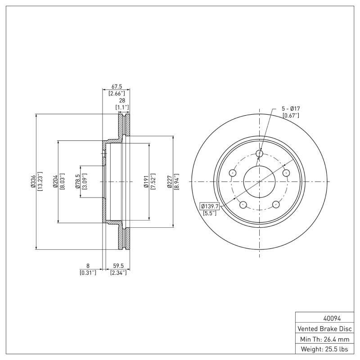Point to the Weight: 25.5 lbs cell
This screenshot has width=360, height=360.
coord(324,349)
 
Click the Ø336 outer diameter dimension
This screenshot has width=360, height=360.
coord(32,181)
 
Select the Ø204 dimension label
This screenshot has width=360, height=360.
coord(55,181)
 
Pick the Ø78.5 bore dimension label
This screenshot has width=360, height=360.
coord(77,181)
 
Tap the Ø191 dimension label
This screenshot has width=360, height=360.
coord(146,181)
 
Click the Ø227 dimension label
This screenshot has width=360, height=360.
coord(170,181)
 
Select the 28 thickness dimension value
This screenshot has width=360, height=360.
coord(122,100)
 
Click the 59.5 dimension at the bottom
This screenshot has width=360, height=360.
coord(118,266)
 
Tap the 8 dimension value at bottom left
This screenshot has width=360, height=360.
coord(88,266)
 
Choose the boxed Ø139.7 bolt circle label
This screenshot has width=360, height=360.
coord(210,206)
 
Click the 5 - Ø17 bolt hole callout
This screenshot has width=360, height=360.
coord(291,109)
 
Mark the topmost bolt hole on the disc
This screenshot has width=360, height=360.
coord(259,154)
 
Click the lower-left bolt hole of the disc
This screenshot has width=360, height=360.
coord(243,205)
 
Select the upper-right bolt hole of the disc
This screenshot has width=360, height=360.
coord(285,173)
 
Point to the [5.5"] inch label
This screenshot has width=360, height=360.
coord(210,213)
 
